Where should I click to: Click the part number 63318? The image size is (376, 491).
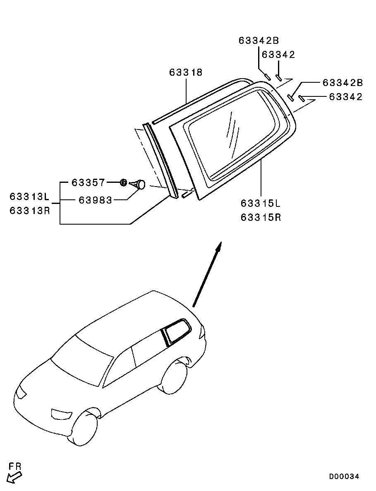[186, 72]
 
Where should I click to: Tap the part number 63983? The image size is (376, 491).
[96, 200]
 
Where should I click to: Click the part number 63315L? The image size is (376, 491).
[261, 204]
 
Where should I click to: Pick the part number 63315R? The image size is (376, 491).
[261, 217]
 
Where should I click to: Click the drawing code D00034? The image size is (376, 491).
[344, 477]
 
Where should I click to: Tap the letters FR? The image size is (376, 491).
[15, 467]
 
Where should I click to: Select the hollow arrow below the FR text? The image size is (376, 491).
[14, 477]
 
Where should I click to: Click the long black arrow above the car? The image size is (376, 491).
[207, 275]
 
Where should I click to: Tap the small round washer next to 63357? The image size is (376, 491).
[123, 182]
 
